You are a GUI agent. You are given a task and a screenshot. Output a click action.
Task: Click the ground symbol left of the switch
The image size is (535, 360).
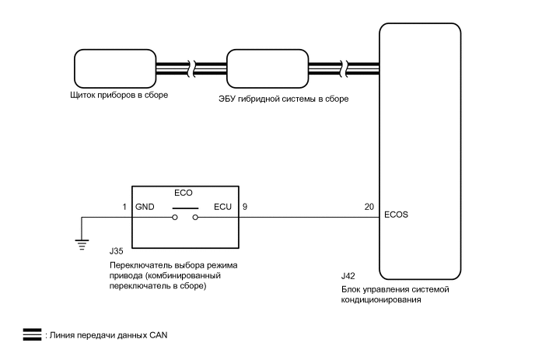(x=82, y=245)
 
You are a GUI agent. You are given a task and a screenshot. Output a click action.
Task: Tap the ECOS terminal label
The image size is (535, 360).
(x=396, y=215)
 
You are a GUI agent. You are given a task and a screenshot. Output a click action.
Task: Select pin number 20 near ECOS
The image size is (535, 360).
(x=369, y=207)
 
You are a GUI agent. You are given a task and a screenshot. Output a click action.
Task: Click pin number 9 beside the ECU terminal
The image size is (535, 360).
(x=245, y=207)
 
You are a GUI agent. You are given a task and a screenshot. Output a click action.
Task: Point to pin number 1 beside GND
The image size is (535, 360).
(x=124, y=207)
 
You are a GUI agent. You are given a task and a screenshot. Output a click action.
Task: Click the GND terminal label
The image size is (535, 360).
(x=145, y=207)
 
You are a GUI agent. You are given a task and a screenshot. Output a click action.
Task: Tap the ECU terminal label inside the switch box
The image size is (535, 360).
(x=223, y=207)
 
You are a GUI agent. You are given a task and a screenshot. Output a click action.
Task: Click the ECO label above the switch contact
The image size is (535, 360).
(x=184, y=193)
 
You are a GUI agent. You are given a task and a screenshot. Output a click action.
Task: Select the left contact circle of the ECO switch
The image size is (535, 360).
(x=175, y=218)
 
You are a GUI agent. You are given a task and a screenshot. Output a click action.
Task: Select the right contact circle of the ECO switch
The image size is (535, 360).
(x=195, y=218)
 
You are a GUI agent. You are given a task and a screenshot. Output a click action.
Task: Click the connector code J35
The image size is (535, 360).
(x=117, y=251)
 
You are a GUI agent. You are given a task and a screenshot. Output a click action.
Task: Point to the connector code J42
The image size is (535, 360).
(x=348, y=276)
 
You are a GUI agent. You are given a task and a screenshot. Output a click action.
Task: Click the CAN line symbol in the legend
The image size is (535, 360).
(x=32, y=335)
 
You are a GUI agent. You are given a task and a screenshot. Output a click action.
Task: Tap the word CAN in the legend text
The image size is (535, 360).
(x=159, y=335)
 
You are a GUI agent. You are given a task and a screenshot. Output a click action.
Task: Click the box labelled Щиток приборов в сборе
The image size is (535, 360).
(x=115, y=68)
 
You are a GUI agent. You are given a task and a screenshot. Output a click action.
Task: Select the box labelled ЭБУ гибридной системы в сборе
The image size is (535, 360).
(x=267, y=68)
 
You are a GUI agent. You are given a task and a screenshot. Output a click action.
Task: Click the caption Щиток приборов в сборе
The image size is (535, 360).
(x=119, y=95)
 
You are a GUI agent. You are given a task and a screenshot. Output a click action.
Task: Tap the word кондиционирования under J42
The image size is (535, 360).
(x=381, y=300)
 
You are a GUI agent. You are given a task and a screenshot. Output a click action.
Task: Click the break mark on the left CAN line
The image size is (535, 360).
(x=193, y=68)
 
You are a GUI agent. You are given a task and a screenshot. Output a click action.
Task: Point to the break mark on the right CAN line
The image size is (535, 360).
(x=345, y=68)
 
